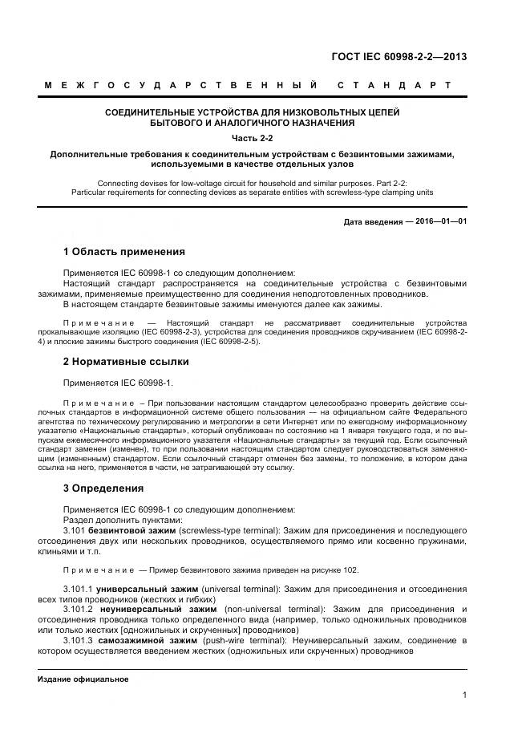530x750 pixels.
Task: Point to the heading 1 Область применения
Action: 123,251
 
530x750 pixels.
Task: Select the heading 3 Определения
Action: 103,488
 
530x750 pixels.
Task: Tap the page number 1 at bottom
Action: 465,695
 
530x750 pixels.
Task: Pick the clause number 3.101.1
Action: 78,589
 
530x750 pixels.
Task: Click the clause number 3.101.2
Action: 78,610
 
